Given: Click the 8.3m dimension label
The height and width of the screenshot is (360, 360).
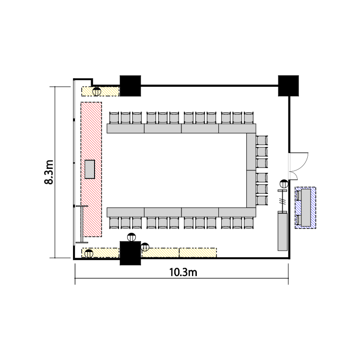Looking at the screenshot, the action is [x=49, y=172].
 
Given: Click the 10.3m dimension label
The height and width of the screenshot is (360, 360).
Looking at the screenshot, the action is [x=183, y=272].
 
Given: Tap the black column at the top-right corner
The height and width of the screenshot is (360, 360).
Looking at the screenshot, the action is [x=288, y=85].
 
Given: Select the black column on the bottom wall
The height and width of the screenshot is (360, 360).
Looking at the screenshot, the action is [x=131, y=253].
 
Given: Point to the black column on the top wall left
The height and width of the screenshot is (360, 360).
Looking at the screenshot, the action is [x=131, y=85].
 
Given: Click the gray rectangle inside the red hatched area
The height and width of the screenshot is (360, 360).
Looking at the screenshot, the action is [x=90, y=169].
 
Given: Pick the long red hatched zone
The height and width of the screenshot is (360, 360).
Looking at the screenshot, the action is [x=91, y=169].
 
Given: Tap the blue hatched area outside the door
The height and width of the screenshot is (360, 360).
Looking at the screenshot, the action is [x=305, y=208].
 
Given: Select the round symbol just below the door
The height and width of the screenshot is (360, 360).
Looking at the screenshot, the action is [x=284, y=184].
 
